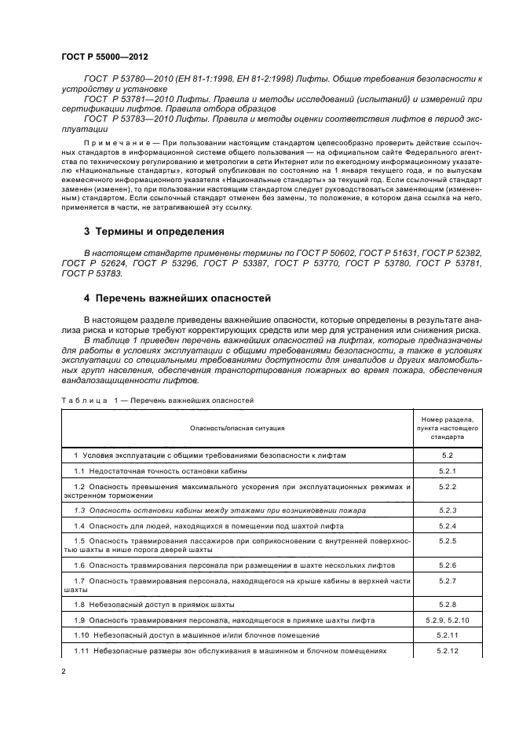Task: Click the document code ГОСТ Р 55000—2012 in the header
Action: tap(105, 56)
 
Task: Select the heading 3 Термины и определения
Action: tap(154, 232)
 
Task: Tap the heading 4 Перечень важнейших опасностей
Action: tap(177, 299)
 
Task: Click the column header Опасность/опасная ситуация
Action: tap(236, 428)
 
